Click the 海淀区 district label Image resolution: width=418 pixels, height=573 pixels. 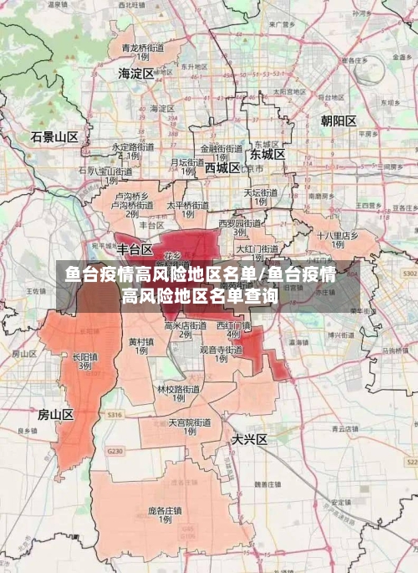(136, 74)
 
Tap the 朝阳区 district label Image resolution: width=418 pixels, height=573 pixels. (338, 121)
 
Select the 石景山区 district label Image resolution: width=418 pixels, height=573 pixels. (54, 136)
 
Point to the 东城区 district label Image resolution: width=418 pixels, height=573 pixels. (267, 155)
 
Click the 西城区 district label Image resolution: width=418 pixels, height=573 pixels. (222, 167)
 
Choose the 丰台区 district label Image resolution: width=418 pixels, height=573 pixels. (135, 249)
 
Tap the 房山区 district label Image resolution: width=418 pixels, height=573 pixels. (56, 414)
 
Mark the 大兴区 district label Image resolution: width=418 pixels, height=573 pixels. (249, 438)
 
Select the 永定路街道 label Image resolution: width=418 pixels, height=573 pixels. (133, 147)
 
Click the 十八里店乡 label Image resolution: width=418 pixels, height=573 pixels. (337, 236)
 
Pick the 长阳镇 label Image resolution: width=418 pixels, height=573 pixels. (85, 356)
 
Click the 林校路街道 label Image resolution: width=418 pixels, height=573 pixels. (178, 389)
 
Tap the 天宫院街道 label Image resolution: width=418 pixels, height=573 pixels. (189, 423)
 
